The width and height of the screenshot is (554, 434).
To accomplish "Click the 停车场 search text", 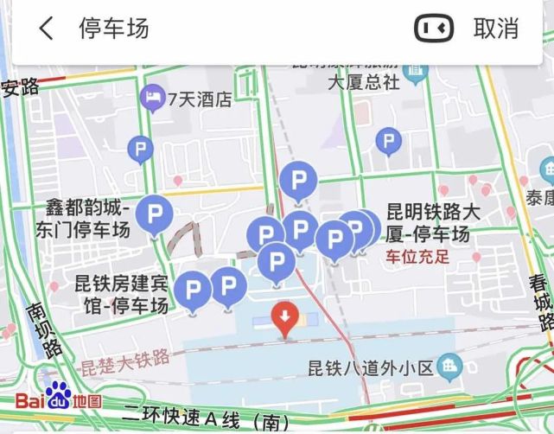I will click(x=114, y=29).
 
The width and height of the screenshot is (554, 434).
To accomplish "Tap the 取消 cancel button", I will click(x=496, y=29).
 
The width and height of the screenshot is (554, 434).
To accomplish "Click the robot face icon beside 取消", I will click(x=434, y=29).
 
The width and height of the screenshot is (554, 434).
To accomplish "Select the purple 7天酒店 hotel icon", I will click(x=152, y=99).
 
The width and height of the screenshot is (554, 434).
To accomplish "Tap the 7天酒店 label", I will click(x=200, y=99).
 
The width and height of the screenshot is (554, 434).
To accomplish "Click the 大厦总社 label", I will click(x=364, y=83).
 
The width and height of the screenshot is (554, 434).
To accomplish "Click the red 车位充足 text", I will click(x=417, y=257).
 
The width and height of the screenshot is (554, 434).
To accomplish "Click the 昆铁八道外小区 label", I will click(x=370, y=367).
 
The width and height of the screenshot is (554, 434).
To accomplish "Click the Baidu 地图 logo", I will click(x=59, y=399).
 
